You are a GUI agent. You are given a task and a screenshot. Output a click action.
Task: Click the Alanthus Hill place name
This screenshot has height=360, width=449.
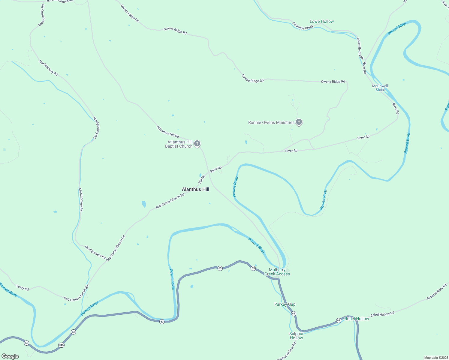195,189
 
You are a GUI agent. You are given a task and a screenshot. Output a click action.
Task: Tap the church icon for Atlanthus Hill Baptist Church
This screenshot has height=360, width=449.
197,144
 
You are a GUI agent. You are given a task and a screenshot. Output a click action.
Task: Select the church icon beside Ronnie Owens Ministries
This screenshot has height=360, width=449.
299,122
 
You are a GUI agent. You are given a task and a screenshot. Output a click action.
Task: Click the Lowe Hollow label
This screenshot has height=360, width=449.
322,21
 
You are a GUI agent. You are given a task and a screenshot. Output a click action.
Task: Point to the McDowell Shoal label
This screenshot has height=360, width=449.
380,88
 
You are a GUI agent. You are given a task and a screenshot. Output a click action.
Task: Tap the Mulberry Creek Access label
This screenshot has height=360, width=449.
277,272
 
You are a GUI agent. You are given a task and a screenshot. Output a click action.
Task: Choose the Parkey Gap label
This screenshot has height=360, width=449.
285,304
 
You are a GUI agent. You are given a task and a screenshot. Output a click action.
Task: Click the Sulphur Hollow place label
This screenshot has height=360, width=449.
296,336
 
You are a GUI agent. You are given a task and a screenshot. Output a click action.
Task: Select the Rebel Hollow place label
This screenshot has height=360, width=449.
357,319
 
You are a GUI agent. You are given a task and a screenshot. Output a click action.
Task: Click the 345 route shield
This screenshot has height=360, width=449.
61,345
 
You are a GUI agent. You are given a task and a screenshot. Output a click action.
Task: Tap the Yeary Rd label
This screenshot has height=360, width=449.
23,288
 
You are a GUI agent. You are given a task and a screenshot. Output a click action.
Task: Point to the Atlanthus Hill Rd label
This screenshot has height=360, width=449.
168,132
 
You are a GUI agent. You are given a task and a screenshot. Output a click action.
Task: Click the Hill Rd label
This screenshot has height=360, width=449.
202,179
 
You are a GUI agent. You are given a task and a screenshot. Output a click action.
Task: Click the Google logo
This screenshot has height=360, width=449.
10,356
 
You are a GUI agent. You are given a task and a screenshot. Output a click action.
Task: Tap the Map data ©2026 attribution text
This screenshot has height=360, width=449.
436,358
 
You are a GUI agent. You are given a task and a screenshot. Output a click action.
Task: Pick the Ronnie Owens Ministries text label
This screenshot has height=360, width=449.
271,122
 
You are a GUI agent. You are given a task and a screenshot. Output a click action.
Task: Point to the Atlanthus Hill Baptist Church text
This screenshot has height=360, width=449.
179,144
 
